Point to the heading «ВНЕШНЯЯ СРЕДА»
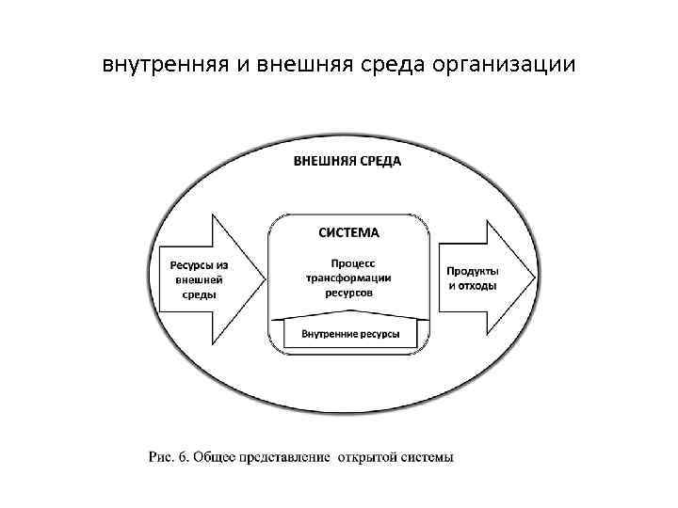pyautogui.click(x=347, y=161)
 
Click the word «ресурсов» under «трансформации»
pyautogui.click(x=350, y=294)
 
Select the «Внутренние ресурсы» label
pyautogui.click(x=350, y=334)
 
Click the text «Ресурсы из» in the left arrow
pyautogui.click(x=199, y=263)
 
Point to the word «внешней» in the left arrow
pyautogui.click(x=199, y=278)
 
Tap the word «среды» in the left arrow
pyautogui.click(x=199, y=294)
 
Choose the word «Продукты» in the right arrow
pyautogui.click(x=473, y=271)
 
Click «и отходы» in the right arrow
pyautogui.click(x=473, y=286)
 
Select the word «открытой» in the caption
pyautogui.click(x=367, y=458)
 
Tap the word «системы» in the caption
pyautogui.click(x=427, y=458)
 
